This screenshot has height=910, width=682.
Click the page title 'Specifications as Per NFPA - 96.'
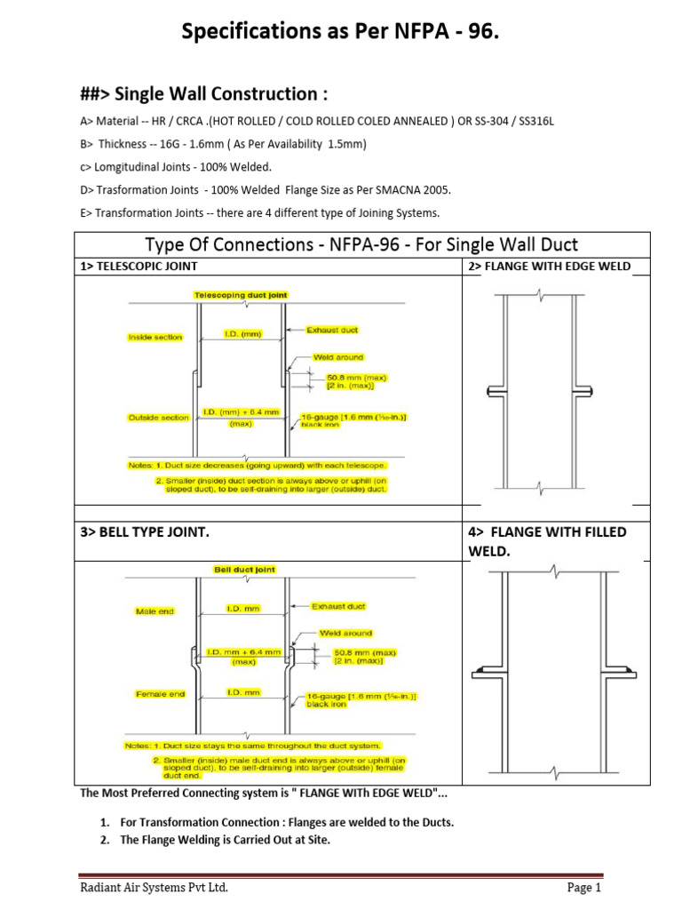(x=340, y=32)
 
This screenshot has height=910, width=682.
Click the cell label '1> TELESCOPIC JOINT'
(x=139, y=266)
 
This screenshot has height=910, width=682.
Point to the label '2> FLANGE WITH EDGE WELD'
(x=549, y=266)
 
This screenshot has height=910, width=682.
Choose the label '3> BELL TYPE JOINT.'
(x=146, y=532)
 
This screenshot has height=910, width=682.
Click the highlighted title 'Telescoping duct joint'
(x=242, y=295)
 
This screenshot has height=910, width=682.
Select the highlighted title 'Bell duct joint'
(x=244, y=570)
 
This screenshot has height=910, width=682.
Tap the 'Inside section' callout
(x=155, y=338)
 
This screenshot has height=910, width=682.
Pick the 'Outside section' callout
(x=159, y=418)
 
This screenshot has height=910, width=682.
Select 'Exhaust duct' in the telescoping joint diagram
(x=332, y=330)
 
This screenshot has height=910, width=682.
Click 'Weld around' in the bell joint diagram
(x=342, y=634)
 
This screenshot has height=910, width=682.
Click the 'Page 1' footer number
(x=584, y=888)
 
